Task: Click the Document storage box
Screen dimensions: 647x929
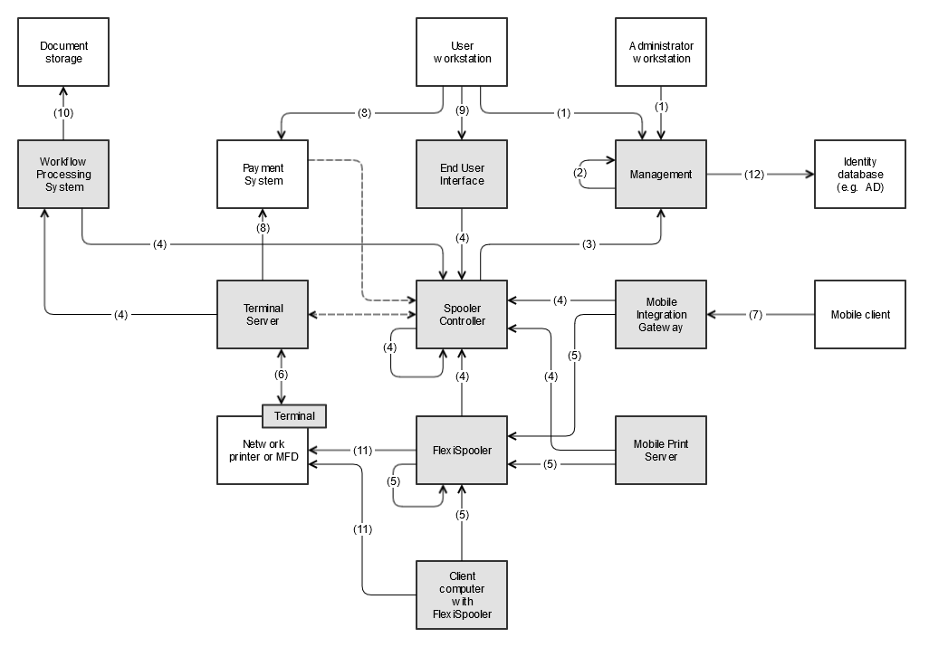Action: coord(63,52)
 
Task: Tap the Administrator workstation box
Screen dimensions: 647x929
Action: coord(660,52)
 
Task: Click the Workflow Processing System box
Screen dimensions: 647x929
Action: coord(63,174)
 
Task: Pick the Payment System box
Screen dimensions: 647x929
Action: coord(263,174)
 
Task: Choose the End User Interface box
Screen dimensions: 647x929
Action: coord(462,174)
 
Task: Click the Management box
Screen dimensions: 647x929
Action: coord(660,174)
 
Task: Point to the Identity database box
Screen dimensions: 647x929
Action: coord(859,174)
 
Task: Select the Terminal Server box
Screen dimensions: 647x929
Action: coord(263,314)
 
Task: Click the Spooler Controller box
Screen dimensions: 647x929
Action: coord(462,314)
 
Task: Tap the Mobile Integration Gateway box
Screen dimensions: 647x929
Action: coord(660,314)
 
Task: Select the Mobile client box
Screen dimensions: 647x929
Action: coord(859,314)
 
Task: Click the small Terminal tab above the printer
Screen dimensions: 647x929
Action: coord(294,416)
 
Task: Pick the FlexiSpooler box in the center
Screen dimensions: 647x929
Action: coord(462,450)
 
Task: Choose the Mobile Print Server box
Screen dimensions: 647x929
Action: coord(660,450)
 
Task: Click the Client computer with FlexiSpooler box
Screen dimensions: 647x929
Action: coord(462,595)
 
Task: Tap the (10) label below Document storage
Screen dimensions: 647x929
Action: coord(63,113)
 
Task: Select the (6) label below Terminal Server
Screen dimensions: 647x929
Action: coord(281,375)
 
